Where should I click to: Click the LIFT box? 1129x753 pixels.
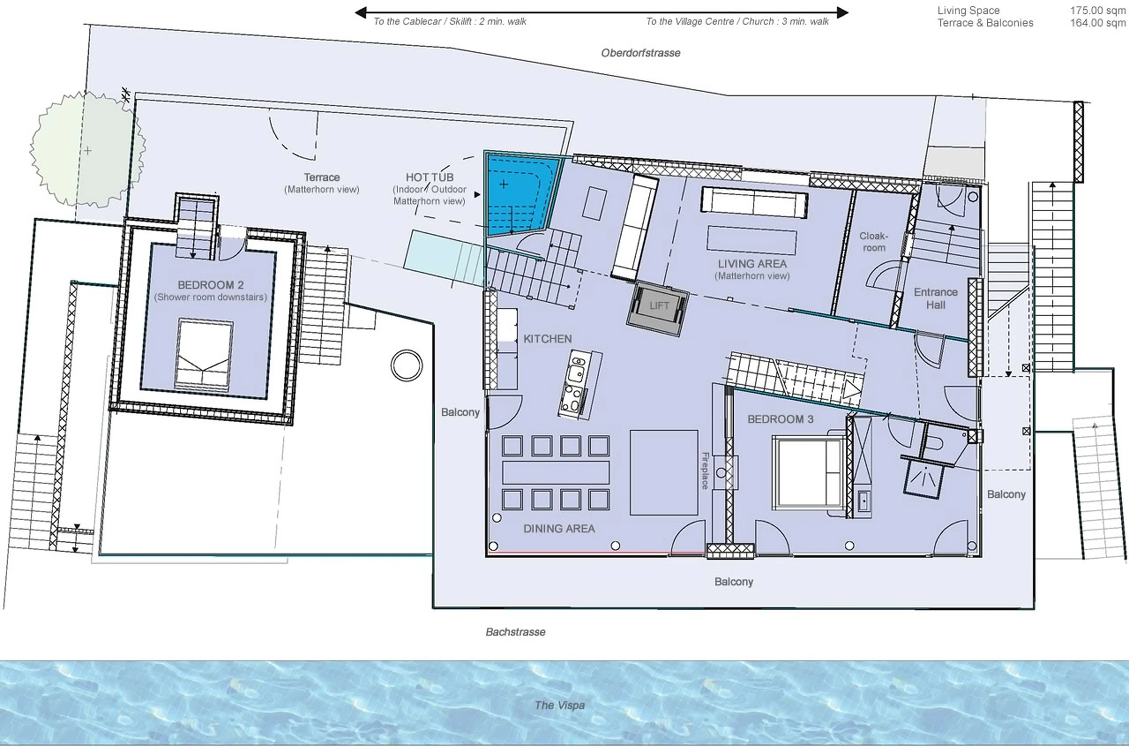658,306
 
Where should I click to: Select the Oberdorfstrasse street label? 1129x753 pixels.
641,53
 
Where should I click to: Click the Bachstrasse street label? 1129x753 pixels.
515,632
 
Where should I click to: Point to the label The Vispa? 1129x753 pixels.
560,705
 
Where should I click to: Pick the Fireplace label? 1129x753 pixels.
705,471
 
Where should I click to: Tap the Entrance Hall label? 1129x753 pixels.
935,298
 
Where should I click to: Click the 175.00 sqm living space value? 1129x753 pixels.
1097,11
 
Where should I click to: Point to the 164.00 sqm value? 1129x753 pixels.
1097,23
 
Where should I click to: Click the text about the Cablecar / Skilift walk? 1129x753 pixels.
450,21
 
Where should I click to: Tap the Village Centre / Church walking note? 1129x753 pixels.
737,21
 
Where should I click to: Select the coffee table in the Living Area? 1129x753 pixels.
751,240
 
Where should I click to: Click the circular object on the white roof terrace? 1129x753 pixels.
406,365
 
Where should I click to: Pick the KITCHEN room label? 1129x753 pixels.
547,339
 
